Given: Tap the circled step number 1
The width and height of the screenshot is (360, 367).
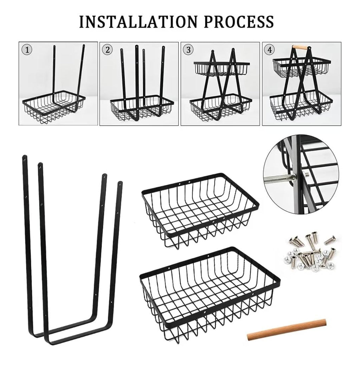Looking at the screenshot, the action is [x=27, y=50].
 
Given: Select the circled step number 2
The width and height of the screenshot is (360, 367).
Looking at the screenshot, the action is [x=108, y=50].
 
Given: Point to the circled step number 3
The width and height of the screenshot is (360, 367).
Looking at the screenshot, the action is [x=188, y=50].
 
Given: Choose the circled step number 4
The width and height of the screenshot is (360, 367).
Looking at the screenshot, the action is [x=270, y=50].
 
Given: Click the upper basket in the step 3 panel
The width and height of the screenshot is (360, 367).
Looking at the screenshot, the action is [x=222, y=68].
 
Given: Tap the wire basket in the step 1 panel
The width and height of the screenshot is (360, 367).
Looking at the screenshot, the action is [x=53, y=107].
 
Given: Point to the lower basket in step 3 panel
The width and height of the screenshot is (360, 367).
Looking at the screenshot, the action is [x=221, y=107].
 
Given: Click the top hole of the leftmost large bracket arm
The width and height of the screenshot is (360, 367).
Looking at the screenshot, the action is [x=24, y=159].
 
